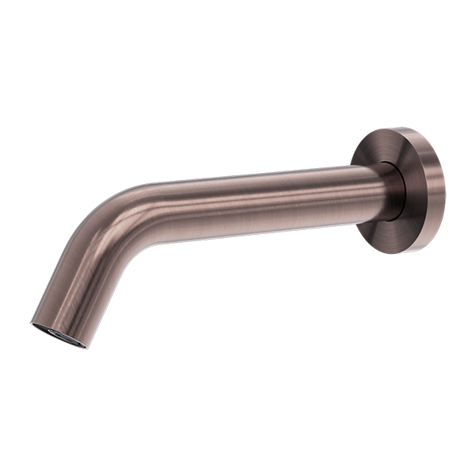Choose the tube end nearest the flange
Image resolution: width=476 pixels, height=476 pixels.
click(373, 190)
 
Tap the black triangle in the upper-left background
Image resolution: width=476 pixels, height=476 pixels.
click(63, 159)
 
